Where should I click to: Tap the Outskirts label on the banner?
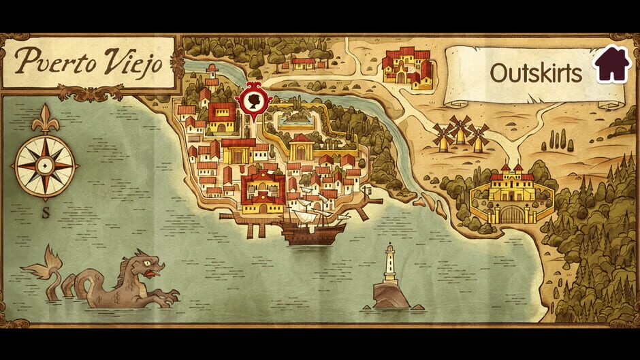[x=536, y=73]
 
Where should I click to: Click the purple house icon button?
[x=612, y=64]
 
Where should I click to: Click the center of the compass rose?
[x=45, y=165]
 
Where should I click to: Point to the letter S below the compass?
[x=46, y=212]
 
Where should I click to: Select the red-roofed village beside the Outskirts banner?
[x=407, y=66]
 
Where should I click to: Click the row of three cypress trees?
[x=559, y=140]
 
